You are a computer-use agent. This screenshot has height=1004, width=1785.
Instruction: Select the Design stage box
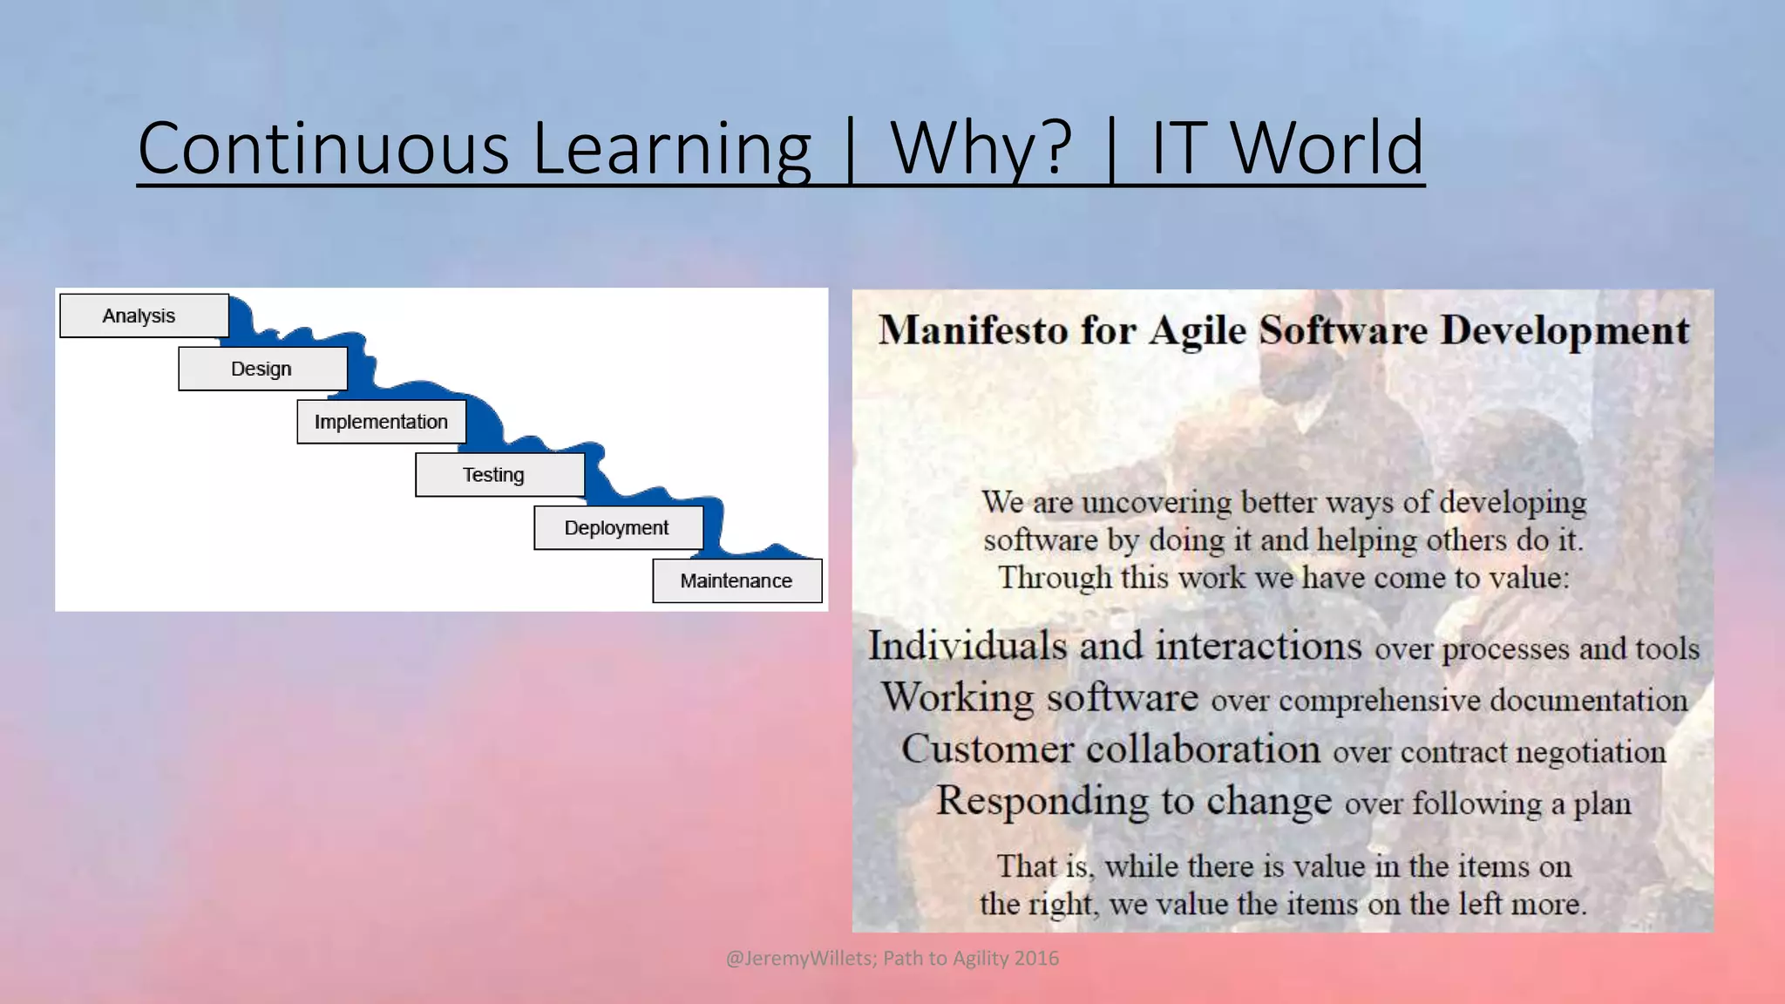(x=262, y=369)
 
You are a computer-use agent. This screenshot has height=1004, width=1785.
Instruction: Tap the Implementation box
(x=381, y=422)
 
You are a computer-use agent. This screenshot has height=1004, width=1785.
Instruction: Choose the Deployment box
(x=618, y=528)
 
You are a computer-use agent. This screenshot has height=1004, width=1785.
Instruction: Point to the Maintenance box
(x=736, y=580)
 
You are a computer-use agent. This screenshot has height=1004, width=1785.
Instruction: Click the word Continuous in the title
(x=322, y=148)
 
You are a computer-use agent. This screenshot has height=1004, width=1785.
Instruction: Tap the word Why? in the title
(x=981, y=148)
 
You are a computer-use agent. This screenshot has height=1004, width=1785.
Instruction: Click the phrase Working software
(x=1039, y=697)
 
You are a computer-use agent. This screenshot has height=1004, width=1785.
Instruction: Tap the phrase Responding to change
(x=1133, y=801)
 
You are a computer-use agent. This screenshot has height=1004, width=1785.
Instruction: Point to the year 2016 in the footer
(x=1036, y=959)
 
